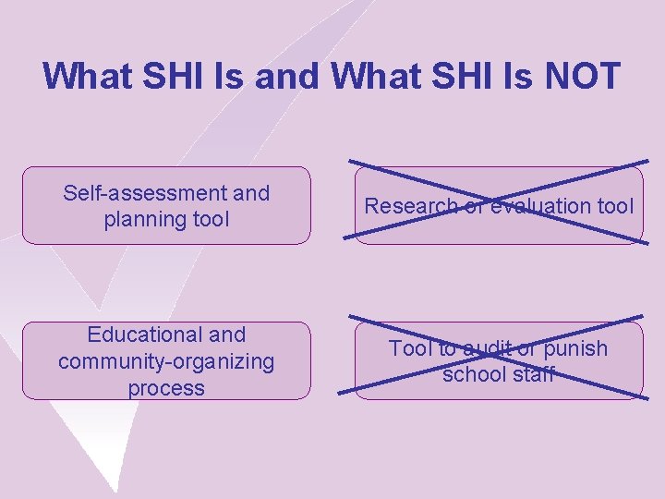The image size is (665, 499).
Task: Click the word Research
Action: [x=407, y=206]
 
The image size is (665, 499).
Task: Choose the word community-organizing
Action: [x=166, y=361]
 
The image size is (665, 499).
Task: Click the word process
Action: [x=166, y=388]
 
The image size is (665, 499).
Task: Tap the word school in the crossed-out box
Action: [x=473, y=374]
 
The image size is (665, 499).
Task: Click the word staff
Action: [x=533, y=374]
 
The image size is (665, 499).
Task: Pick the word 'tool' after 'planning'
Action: [x=208, y=219]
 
